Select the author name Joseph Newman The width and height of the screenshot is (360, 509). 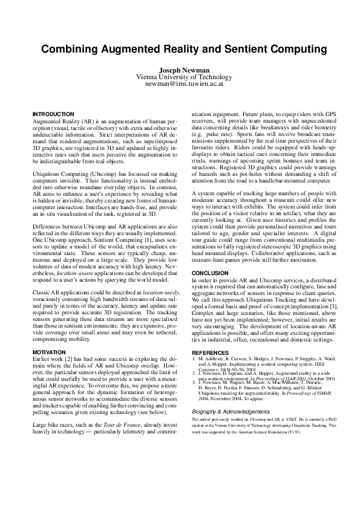click(x=180, y=71)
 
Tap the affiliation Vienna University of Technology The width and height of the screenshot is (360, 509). click(x=180, y=77)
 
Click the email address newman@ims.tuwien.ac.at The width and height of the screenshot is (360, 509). click(x=180, y=85)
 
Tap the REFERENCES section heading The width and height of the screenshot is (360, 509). click(x=211, y=352)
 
